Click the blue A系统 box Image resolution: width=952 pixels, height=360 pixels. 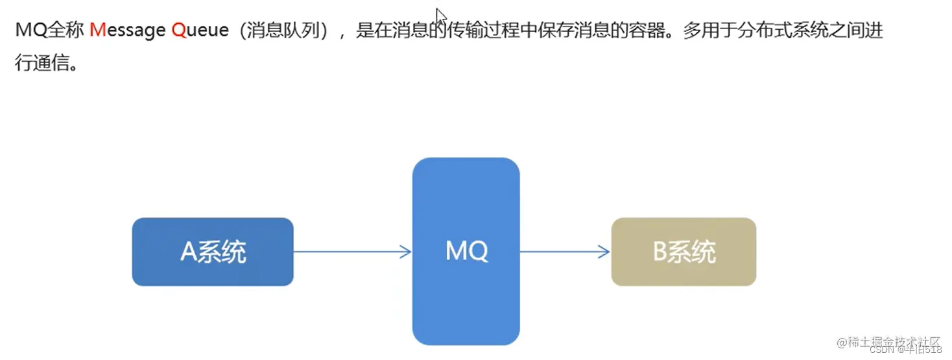213,252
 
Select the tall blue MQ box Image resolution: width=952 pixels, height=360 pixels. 466,285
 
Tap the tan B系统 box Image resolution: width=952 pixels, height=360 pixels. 684,252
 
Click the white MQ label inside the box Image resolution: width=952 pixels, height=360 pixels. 466,251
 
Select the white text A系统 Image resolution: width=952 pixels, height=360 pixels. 213,252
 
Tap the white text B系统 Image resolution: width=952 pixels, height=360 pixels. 684,252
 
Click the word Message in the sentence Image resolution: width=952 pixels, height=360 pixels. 127,30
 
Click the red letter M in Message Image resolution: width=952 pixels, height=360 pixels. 97,30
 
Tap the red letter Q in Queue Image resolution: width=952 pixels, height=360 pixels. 179,30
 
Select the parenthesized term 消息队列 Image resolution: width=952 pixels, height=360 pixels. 283,30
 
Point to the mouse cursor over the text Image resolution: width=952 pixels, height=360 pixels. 441,16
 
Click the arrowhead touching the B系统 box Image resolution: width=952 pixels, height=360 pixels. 605,252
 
